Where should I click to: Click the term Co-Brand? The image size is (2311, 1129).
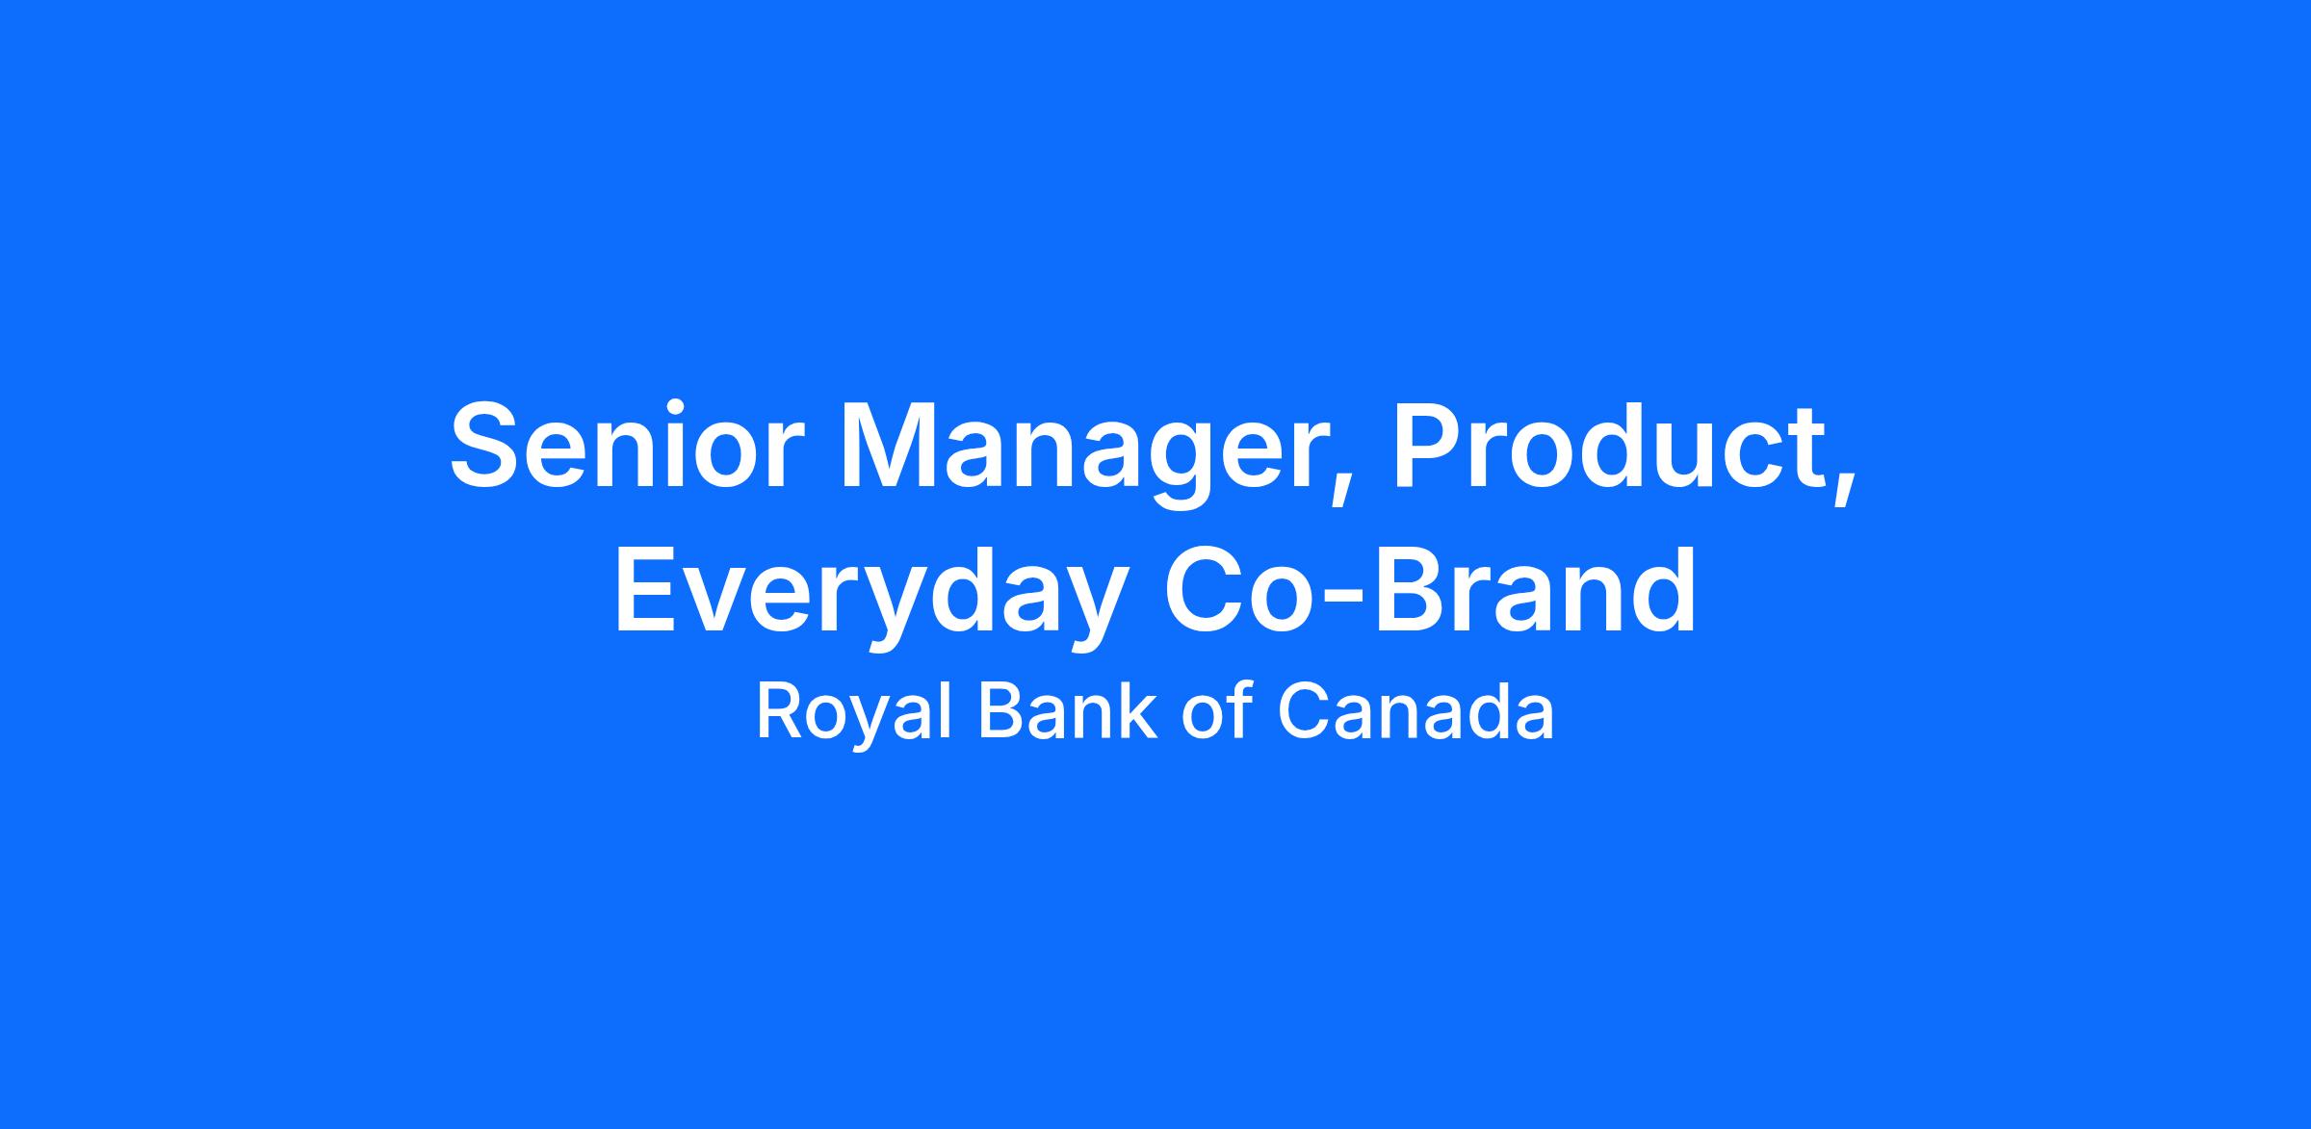[x=1430, y=587]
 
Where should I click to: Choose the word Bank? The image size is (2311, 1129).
[x=1067, y=711]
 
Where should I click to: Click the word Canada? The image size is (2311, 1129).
[x=1415, y=711]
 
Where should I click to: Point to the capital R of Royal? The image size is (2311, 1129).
[x=781, y=711]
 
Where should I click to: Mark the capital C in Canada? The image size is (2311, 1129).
[x=1303, y=711]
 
